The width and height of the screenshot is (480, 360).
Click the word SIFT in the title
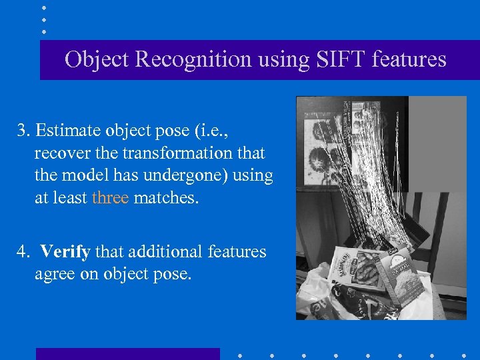335,59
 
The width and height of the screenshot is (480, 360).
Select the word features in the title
409,59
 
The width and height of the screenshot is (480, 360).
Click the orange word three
111,198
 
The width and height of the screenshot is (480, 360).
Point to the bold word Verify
66,251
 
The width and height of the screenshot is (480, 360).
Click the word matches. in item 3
166,198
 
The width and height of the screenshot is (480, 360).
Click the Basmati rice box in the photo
401,273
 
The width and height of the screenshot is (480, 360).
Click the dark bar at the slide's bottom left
127,354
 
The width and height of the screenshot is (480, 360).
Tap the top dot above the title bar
44,7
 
